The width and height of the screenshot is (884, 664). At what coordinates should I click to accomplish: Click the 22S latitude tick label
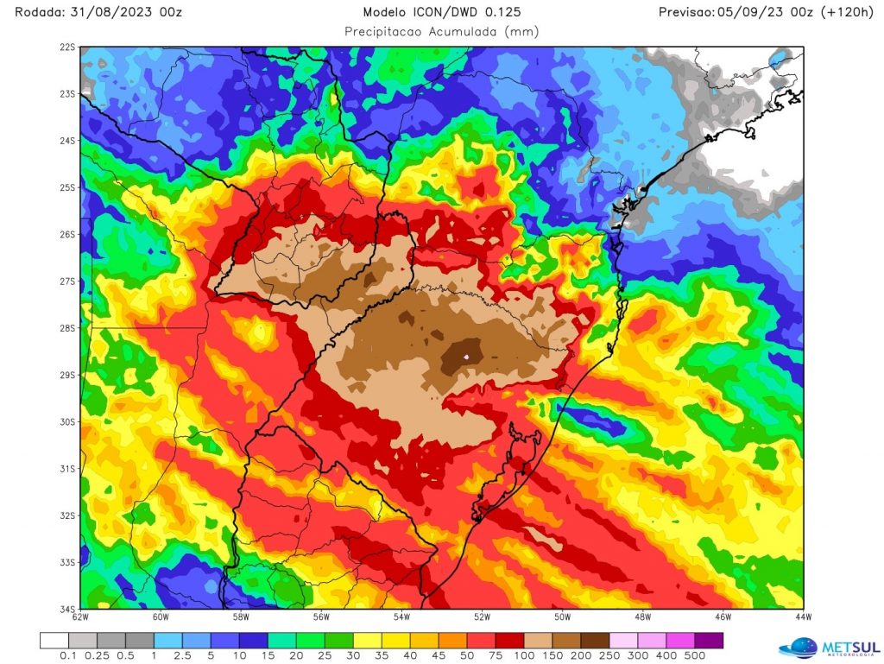pos(66,47)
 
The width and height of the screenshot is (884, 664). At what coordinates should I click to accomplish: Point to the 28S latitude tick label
pos(66,328)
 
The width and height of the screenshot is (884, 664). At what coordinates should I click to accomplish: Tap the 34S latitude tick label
pos(66,609)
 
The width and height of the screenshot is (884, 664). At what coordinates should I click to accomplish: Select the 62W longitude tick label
pos(80,617)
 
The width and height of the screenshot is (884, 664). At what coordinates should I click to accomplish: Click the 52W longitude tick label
pos(482,617)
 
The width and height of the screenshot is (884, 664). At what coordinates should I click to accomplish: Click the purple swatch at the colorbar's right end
pos(709,641)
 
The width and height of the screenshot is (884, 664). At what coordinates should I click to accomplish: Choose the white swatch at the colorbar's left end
pos(54,641)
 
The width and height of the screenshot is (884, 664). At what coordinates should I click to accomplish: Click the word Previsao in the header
pos(685,12)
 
